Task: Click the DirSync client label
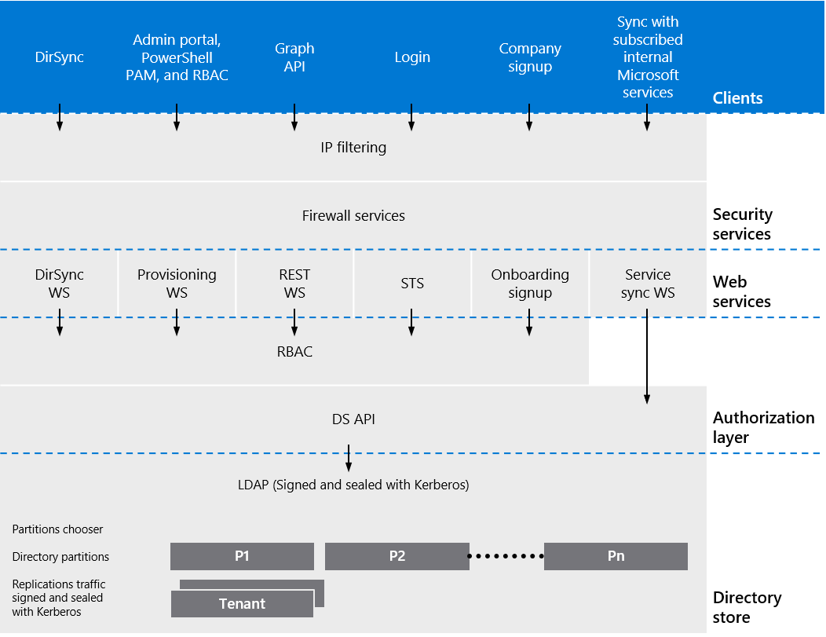[59, 57]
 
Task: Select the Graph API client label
[294, 57]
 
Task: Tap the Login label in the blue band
[412, 57]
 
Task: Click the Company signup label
[530, 57]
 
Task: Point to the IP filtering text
[353, 147]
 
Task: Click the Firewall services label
[353, 215]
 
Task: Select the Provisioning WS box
[177, 284]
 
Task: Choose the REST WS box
[294, 284]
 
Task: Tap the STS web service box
[412, 284]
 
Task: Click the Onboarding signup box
[530, 284]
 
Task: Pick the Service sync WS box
[648, 284]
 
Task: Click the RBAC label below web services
[294, 352]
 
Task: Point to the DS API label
[353, 419]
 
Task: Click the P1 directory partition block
[242, 556]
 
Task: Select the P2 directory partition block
[397, 556]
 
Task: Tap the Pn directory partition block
[616, 556]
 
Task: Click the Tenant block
[242, 603]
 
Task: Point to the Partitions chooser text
[57, 529]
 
